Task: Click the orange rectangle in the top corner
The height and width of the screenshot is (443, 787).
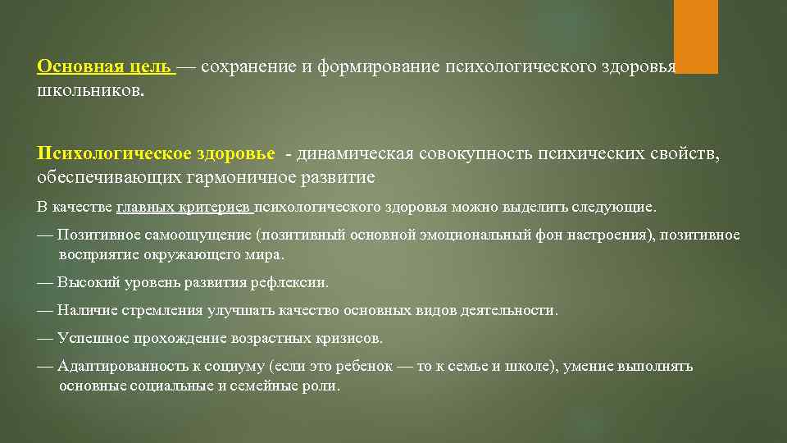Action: (x=695, y=36)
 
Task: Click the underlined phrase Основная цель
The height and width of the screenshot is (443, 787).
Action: (x=104, y=66)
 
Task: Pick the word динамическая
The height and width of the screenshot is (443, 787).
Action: (x=354, y=154)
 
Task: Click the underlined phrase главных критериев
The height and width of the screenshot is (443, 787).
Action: (x=184, y=207)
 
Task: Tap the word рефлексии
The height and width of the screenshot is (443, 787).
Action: (x=293, y=282)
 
